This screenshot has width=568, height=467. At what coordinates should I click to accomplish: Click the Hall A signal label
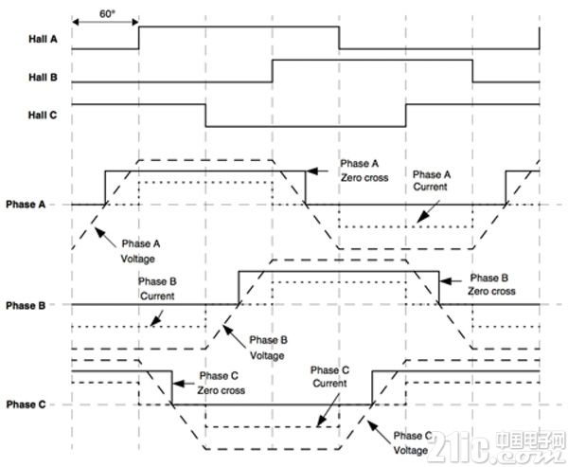(x=44, y=39)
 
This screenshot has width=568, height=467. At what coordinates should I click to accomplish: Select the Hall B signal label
(x=44, y=78)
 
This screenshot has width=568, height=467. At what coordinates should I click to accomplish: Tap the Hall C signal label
(x=43, y=116)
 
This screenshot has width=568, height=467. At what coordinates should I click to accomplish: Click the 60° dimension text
(x=107, y=14)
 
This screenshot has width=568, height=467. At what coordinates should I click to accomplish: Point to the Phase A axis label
(x=26, y=205)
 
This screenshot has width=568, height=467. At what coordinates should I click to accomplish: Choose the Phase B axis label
(x=26, y=306)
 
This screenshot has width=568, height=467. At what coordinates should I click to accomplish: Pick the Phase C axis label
(x=27, y=404)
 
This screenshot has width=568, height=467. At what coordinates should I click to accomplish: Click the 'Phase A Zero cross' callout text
(x=364, y=171)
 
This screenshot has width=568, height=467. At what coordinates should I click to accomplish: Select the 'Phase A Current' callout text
(x=432, y=181)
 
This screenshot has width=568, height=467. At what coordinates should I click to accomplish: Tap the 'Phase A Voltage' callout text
(x=140, y=251)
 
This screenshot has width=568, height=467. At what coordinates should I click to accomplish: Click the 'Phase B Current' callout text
(x=157, y=289)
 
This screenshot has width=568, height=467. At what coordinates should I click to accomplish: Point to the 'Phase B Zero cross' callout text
(x=491, y=284)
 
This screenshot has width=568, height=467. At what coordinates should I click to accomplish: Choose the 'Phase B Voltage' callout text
(x=268, y=348)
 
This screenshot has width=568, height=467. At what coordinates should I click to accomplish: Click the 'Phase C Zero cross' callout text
(x=221, y=383)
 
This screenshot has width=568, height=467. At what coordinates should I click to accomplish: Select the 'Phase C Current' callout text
(x=329, y=377)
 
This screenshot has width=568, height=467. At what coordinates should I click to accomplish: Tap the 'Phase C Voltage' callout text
(x=412, y=442)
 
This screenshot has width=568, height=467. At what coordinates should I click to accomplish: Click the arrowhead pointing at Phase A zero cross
(x=312, y=171)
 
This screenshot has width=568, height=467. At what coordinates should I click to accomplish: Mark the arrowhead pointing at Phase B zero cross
(x=446, y=281)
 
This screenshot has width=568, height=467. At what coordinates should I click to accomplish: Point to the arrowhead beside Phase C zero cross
(x=179, y=384)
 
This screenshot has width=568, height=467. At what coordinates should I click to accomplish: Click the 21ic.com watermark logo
(x=500, y=448)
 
